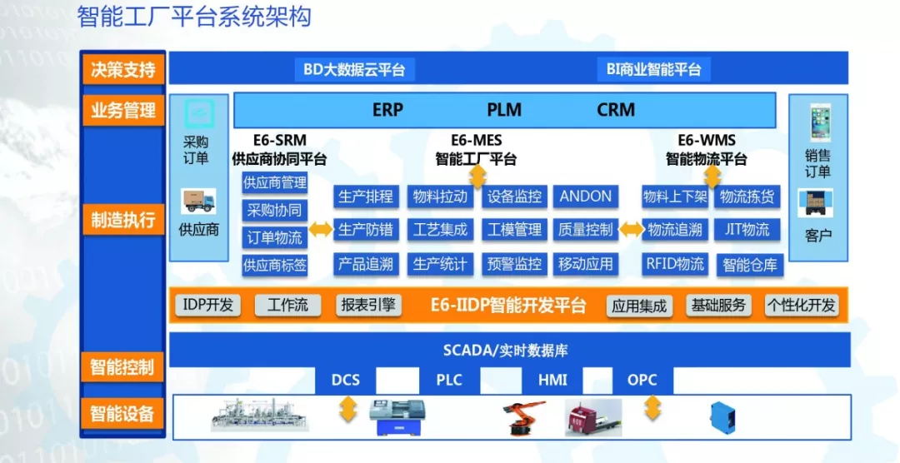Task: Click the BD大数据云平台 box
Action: [354, 70]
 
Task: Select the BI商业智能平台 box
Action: [654, 70]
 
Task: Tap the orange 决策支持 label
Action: [122, 70]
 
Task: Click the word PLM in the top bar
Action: [504, 110]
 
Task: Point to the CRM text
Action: [616, 110]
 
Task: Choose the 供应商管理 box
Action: [275, 183]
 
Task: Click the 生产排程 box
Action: [366, 197]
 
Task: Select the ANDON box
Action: [586, 197]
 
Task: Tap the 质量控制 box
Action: [586, 230]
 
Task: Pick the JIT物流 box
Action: [747, 230]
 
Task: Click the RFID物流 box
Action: [675, 264]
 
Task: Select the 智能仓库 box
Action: [750, 265]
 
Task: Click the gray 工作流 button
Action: [287, 306]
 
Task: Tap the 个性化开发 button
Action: [802, 306]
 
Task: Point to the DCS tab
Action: [346, 381]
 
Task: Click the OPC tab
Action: [642, 381]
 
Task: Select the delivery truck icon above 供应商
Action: [198, 201]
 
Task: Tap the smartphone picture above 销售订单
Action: [820, 122]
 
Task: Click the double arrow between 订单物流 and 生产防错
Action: [321, 230]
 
